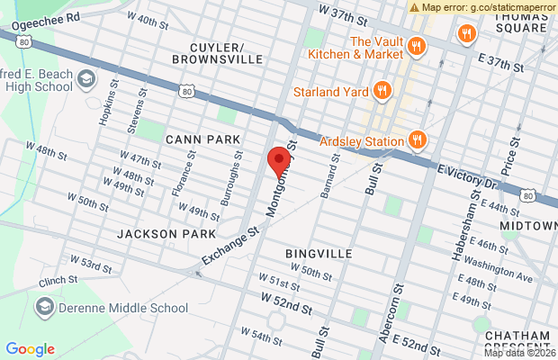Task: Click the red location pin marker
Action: click(279, 164)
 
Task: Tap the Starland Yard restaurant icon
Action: click(382, 89)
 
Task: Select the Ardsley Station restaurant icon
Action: click(417, 139)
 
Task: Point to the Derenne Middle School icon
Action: click(43, 308)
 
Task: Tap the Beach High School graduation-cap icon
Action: click(86, 78)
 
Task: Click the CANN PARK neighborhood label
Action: click(202, 139)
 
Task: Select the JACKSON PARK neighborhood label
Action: click(154, 233)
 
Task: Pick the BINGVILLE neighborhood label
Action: click(319, 254)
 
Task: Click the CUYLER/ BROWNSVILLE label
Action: click(226, 52)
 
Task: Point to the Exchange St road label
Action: click(230, 246)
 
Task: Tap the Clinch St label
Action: click(58, 282)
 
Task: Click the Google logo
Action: click(30, 349)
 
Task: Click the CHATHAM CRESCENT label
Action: click(517, 342)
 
